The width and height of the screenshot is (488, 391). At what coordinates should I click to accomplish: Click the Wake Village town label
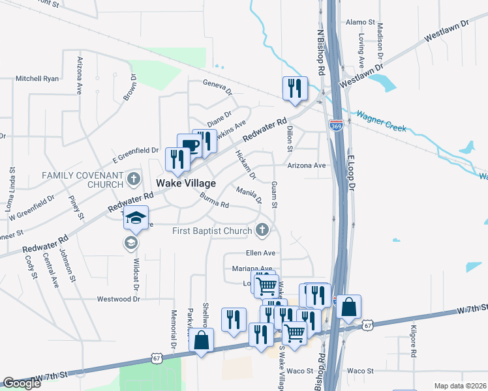click(x=185, y=183)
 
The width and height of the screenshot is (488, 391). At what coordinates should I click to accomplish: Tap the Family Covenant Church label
click(x=82, y=181)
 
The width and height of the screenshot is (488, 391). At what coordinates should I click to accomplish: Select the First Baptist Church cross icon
click(x=262, y=229)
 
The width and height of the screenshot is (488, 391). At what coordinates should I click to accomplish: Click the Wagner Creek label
click(x=381, y=121)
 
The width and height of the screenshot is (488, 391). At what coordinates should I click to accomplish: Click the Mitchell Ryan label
click(x=37, y=79)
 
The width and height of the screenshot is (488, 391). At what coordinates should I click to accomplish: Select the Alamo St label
click(x=358, y=22)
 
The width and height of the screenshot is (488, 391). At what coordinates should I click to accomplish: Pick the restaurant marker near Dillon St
click(x=295, y=88)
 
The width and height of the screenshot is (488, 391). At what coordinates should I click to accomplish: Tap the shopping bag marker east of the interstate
click(x=348, y=307)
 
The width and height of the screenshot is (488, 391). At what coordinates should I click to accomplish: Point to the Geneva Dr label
click(x=217, y=84)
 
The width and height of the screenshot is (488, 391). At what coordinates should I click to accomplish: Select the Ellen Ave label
click(x=261, y=252)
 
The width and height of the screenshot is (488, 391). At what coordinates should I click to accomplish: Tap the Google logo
click(x=22, y=383)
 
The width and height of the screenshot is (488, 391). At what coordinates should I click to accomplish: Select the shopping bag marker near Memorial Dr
click(x=202, y=340)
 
